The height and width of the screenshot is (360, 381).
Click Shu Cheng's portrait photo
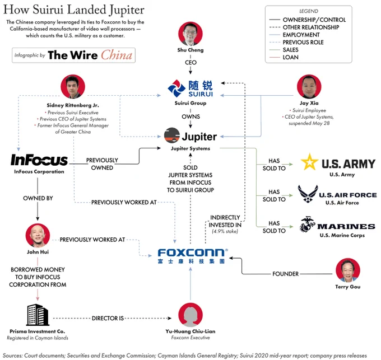(x=190, y=34)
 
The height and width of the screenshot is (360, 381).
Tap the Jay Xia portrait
(x=309, y=86)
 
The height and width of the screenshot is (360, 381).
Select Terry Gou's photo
(x=348, y=270)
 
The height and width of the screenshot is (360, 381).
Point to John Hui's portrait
(x=38, y=236)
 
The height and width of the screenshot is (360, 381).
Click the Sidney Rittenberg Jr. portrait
(x=73, y=86)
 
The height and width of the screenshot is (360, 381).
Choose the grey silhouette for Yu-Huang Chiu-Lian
(x=190, y=315)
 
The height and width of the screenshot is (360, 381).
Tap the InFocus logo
(x=39, y=160)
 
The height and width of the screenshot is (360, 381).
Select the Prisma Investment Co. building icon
(x=38, y=315)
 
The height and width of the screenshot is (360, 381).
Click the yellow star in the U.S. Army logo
(x=309, y=162)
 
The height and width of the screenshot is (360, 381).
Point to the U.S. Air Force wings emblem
(x=308, y=194)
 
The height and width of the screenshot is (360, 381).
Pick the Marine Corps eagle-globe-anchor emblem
(x=307, y=224)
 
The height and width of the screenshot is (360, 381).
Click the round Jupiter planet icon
(x=172, y=135)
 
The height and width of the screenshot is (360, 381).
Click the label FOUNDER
(x=285, y=274)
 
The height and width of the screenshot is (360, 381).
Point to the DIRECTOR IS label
(x=108, y=318)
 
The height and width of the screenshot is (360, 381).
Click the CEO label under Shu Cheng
(x=190, y=62)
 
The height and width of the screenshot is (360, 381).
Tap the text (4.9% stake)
(x=225, y=231)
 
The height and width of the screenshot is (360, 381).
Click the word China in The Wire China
(x=117, y=55)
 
